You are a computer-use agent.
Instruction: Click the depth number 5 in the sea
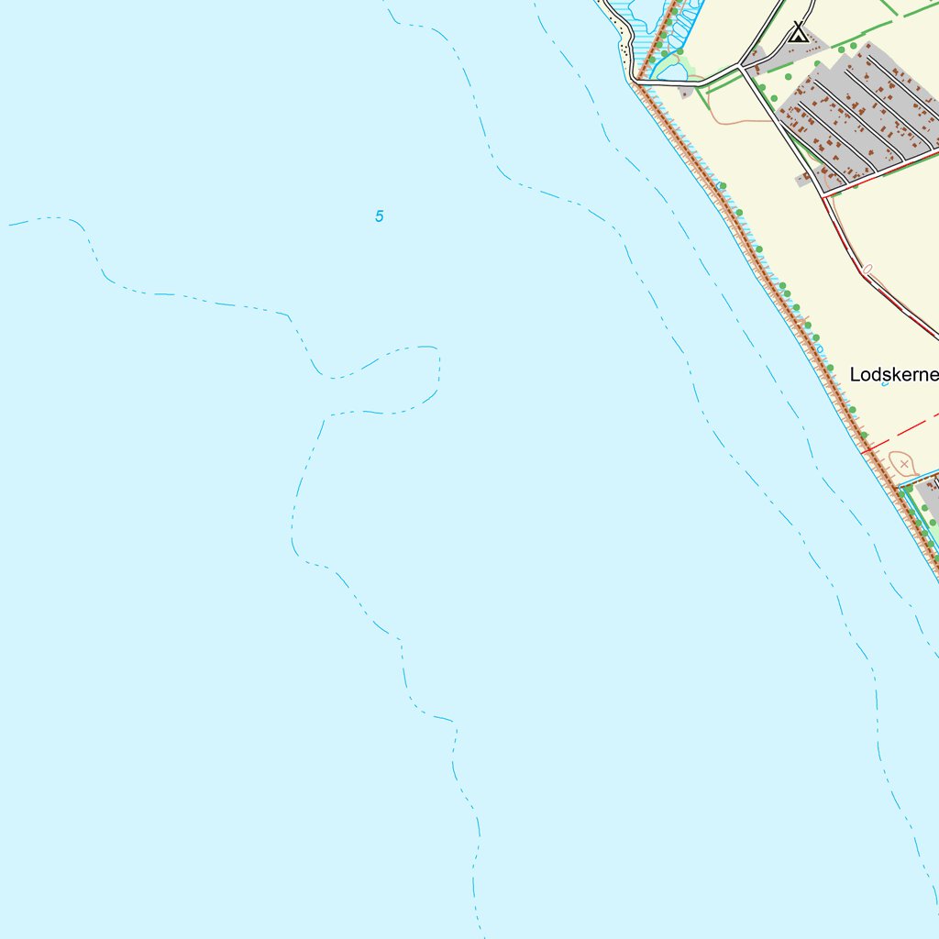point(379,216)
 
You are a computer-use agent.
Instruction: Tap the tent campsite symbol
point(800,34)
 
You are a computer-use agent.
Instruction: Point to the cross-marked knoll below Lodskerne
point(903,464)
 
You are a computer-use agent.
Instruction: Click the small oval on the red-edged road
point(867,270)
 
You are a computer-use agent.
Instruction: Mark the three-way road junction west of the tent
point(741,67)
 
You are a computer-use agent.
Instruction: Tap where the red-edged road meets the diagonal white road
point(823,195)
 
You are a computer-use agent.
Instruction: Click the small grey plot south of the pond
point(686,92)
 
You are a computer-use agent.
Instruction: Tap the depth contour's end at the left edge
point(11,224)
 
